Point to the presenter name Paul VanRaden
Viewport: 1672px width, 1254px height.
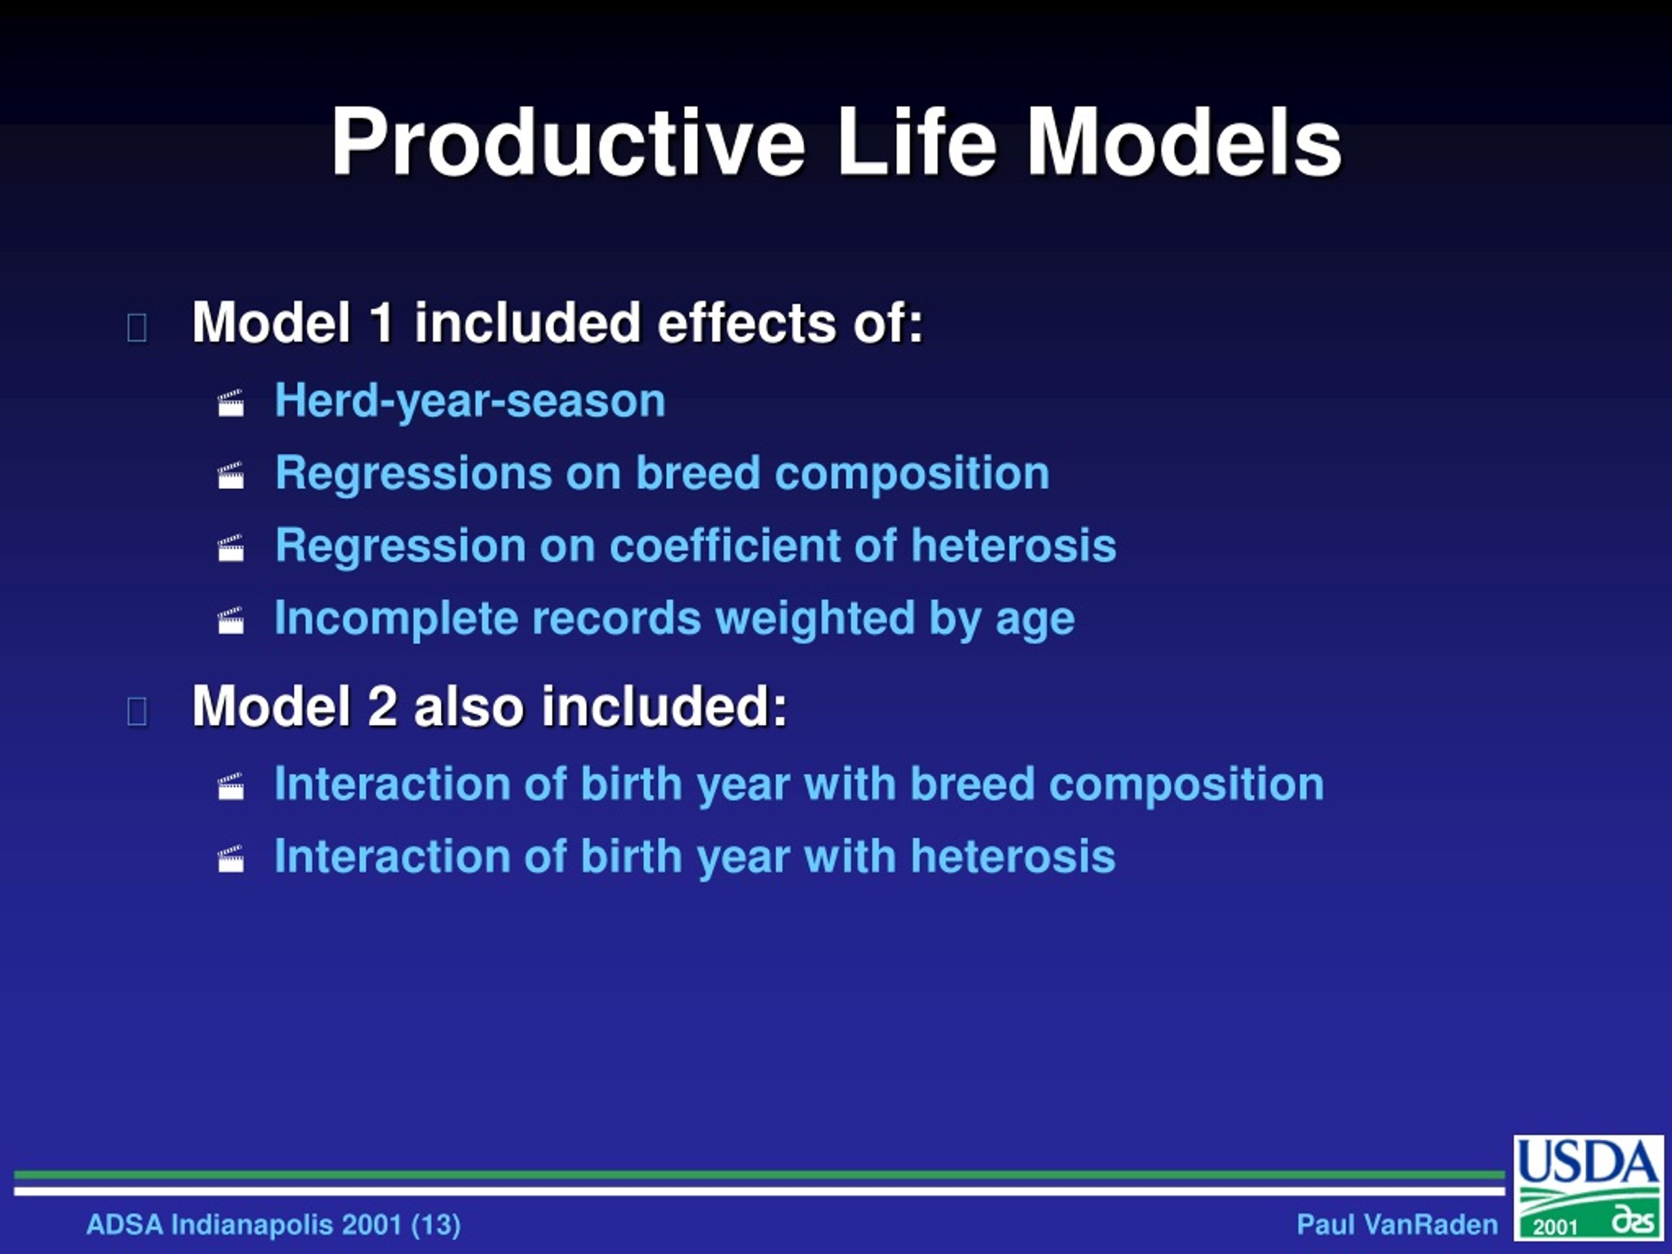pos(1397,1225)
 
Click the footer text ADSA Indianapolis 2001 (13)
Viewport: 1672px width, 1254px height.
pos(274,1225)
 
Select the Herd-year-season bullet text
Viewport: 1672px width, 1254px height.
pos(470,400)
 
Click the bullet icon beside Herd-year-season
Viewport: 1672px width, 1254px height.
pos(231,403)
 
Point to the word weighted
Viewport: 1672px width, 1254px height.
pos(815,619)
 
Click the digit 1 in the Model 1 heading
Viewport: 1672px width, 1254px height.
pos(381,323)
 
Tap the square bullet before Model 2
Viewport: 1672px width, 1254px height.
pos(137,711)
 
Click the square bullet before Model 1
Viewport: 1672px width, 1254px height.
pos(137,328)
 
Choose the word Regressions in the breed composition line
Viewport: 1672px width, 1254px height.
pos(413,473)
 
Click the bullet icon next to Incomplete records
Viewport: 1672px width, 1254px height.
pos(231,620)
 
